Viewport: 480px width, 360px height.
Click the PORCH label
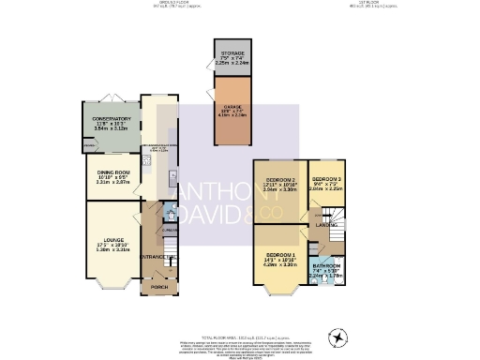(x=159, y=287)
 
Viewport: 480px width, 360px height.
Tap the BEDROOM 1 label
(x=280, y=256)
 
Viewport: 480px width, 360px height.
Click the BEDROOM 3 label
(x=327, y=178)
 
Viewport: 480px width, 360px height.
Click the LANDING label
(x=326, y=225)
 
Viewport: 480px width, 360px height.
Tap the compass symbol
(x=336, y=337)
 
